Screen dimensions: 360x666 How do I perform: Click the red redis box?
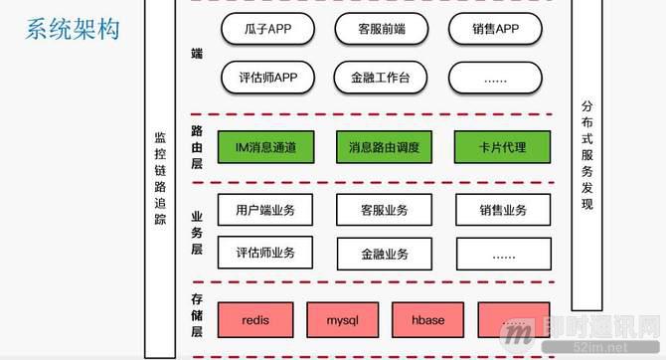pos(254,320)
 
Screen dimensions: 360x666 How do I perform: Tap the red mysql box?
pos(341,320)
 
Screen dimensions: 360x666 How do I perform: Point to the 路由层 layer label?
pos(197,147)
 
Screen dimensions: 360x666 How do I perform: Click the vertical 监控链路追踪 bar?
pos(160,189)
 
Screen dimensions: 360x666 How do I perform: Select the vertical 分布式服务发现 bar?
pos(586,149)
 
